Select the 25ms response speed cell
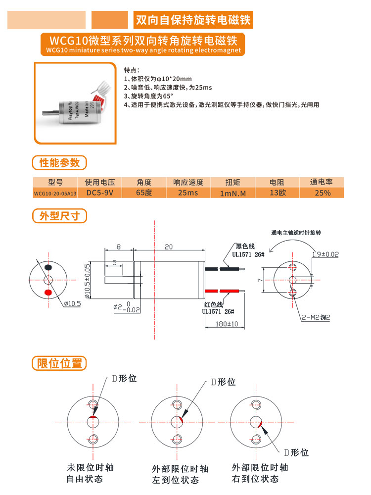(185, 193)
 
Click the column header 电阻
(277, 182)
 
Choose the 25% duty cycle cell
(323, 193)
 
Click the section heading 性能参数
(59, 162)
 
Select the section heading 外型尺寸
(59, 216)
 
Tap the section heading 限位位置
(59, 363)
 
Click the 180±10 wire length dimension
(227, 324)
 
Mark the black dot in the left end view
(48, 268)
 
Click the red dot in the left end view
(48, 293)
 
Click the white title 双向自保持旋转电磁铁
(193, 20)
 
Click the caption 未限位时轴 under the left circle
(90, 467)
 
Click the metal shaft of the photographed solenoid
(50, 110)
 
